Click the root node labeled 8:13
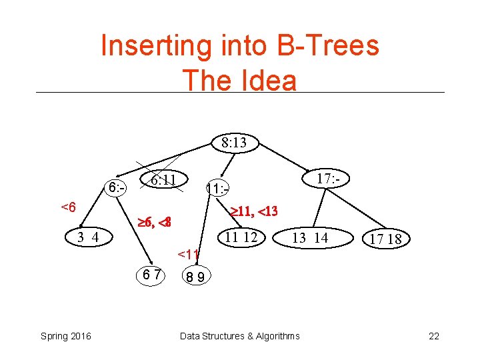click(234, 142)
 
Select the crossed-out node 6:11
click(163, 179)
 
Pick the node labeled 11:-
click(218, 189)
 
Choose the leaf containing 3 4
click(88, 237)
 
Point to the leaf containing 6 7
click(151, 274)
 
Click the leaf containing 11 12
click(241, 237)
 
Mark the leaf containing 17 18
click(385, 239)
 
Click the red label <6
click(68, 207)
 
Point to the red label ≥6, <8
click(154, 222)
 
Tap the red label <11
click(189, 253)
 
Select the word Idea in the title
click(268, 80)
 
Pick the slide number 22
click(434, 336)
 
